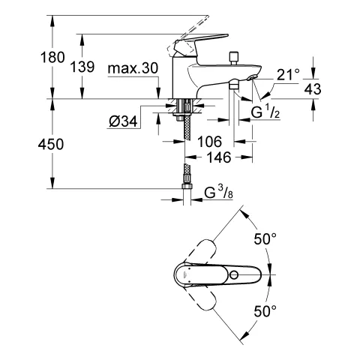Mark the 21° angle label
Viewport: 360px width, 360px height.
pyautogui.click(x=289, y=73)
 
